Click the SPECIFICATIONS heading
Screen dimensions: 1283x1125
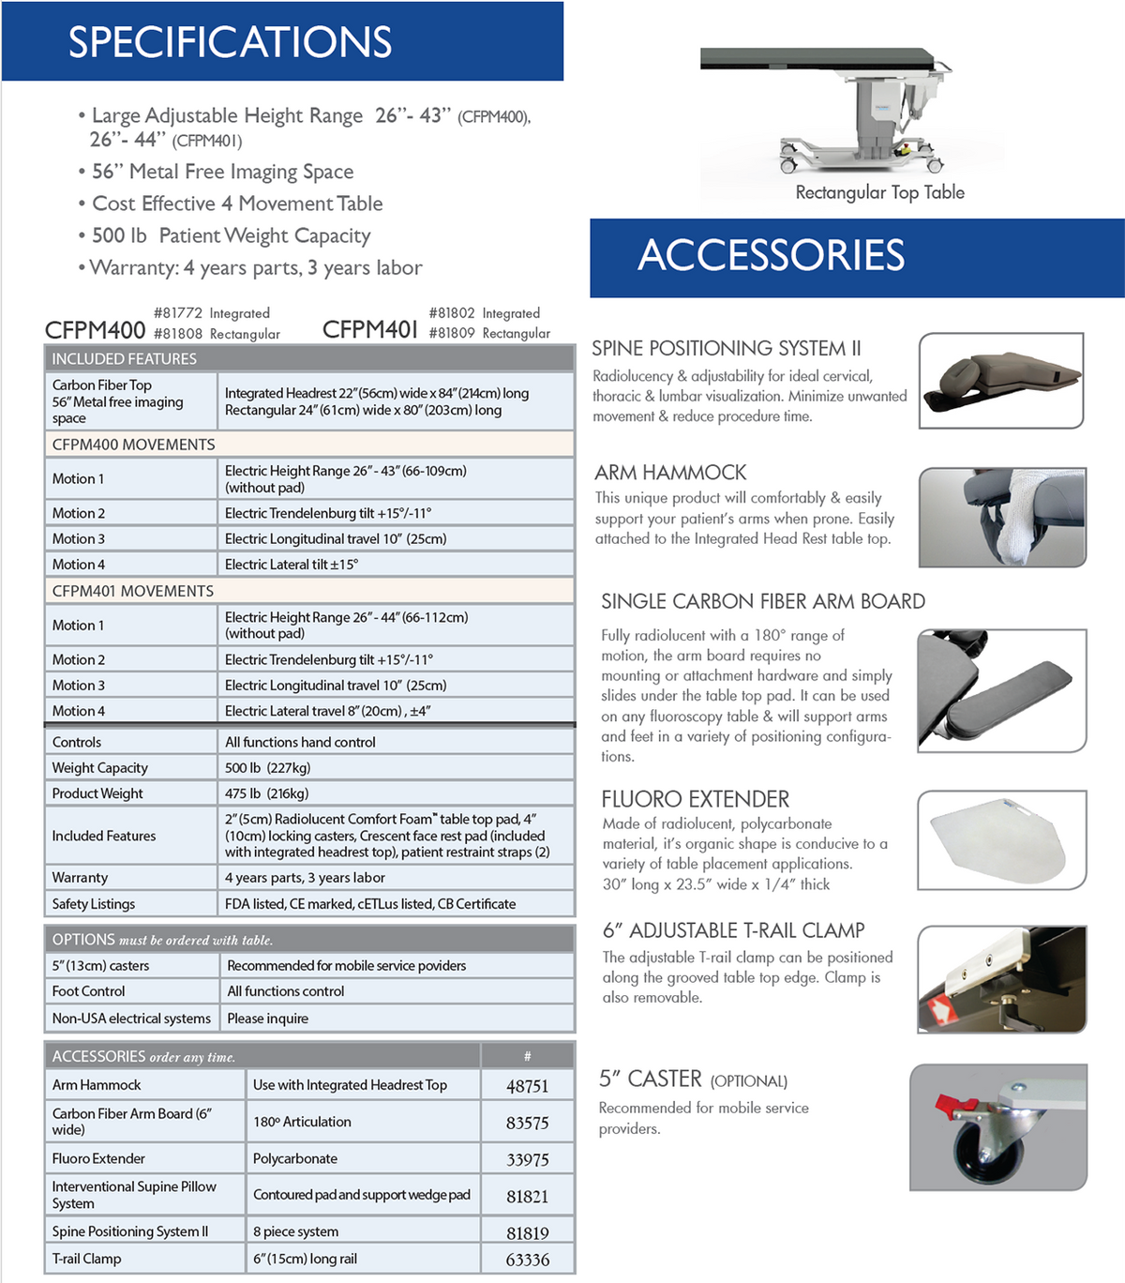tap(230, 42)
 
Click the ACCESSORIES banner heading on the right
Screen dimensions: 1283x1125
tap(771, 255)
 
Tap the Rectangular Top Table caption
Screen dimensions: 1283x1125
tap(879, 192)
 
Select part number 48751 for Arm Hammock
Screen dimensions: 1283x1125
tap(527, 1086)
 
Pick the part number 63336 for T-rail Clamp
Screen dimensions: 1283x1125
tap(527, 1260)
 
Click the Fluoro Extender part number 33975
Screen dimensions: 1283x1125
tap(527, 1160)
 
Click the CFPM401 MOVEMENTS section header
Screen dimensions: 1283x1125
tap(133, 591)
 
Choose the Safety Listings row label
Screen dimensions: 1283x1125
tap(94, 904)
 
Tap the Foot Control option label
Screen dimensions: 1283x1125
tap(89, 991)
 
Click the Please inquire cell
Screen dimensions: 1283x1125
tap(267, 1019)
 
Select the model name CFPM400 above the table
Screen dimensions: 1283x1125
tap(95, 330)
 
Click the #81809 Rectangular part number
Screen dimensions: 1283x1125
tap(488, 333)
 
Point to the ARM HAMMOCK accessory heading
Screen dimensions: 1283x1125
tap(670, 473)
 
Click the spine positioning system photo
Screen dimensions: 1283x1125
tap(1000, 380)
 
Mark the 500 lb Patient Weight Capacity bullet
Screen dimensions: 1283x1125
tap(231, 235)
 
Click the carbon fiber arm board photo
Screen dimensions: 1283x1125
tap(1001, 690)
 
